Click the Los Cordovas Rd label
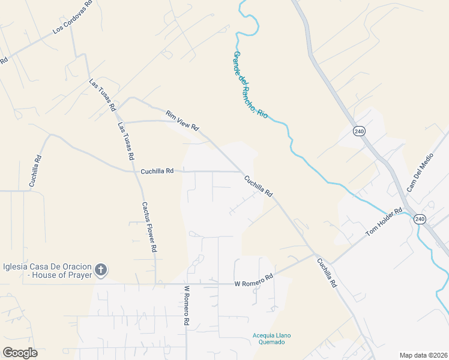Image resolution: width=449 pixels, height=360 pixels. pyautogui.click(x=72, y=17)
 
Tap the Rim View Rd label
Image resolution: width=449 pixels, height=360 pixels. pyautogui.click(x=182, y=120)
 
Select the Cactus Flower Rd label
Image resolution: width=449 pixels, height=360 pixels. pyautogui.click(x=149, y=226)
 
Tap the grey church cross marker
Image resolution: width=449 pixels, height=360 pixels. pyautogui.click(x=101, y=270)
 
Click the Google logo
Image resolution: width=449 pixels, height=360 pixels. pyautogui.click(x=20, y=353)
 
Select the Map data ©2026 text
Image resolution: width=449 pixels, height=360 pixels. pyautogui.click(x=423, y=355)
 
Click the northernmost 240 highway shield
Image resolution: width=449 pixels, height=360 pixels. pyautogui.click(x=360, y=131)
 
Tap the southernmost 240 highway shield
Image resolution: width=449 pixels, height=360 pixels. pyautogui.click(x=419, y=220)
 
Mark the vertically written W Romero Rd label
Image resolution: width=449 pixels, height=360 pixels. pyautogui.click(x=187, y=305)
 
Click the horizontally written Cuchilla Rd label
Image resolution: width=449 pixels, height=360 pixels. pyautogui.click(x=157, y=171)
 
